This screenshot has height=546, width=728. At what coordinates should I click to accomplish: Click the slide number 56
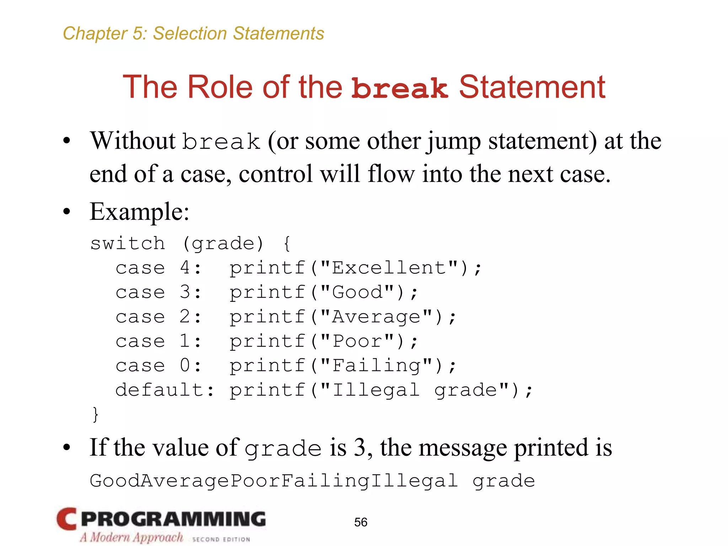coord(360,522)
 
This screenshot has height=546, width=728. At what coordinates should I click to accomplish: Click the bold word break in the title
coord(399,88)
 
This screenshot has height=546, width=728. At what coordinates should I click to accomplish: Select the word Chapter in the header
coord(95,33)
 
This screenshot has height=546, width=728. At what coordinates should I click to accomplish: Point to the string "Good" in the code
coord(358,292)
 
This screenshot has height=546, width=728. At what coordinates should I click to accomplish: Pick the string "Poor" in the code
coord(358,341)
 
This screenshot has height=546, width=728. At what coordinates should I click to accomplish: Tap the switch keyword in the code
coord(128,243)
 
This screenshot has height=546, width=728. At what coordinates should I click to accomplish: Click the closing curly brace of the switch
coord(95,414)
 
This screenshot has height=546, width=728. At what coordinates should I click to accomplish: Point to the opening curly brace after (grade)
coord(287,244)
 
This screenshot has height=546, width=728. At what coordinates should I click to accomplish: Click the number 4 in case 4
coord(185,268)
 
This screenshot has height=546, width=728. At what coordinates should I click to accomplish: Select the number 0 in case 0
coord(185,366)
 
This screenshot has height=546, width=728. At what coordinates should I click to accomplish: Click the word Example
coord(139,212)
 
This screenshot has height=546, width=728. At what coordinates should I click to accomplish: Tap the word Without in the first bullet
coord(133,141)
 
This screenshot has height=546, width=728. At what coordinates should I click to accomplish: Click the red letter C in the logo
coord(66,519)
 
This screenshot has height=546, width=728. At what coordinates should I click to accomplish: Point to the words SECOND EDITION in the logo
coord(221,539)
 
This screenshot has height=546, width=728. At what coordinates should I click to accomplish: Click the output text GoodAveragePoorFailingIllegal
coord(273,481)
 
